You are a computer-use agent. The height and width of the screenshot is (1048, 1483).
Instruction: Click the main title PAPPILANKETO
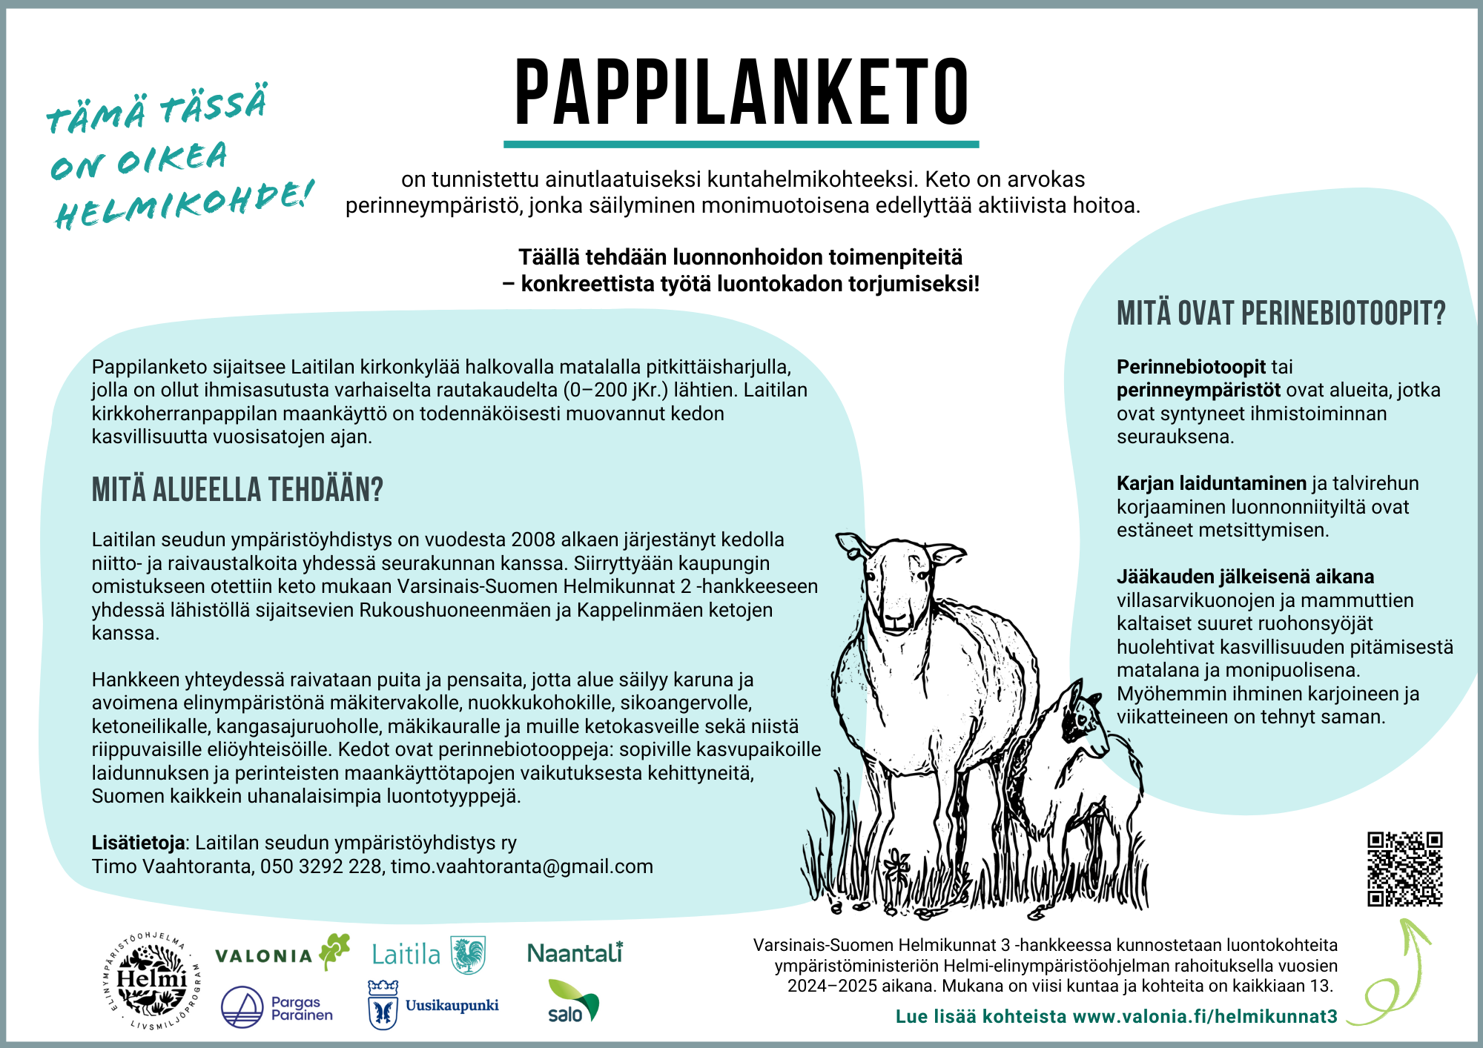pyautogui.click(x=741, y=93)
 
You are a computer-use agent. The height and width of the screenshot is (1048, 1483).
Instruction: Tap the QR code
pyautogui.click(x=1404, y=869)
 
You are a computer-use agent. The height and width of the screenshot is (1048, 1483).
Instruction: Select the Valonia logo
pyautogui.click(x=282, y=954)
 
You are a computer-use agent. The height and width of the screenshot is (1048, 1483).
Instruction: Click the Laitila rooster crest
pyautogui.click(x=468, y=954)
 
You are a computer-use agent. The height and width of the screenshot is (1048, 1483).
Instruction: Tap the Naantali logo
pyautogui.click(x=575, y=953)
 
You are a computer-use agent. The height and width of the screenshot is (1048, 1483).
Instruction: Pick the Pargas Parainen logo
pyautogui.click(x=277, y=1007)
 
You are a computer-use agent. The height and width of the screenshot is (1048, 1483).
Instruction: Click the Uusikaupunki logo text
pyautogui.click(x=452, y=1006)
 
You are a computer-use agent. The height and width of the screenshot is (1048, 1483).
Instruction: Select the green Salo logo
pyautogui.click(x=572, y=1001)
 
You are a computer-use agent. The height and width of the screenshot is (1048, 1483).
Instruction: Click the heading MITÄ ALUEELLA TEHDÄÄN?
pyautogui.click(x=237, y=490)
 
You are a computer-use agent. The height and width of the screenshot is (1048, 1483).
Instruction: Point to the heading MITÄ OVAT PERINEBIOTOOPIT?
pyautogui.click(x=1281, y=314)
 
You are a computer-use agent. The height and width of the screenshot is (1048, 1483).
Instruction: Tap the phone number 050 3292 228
pyautogui.click(x=320, y=866)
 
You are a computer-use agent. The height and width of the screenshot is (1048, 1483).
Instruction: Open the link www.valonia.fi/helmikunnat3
pyautogui.click(x=1205, y=1016)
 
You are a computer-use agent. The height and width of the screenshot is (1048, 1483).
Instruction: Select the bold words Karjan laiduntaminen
pyautogui.click(x=1211, y=483)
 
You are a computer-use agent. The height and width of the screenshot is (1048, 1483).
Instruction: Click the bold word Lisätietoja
pyautogui.click(x=138, y=843)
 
